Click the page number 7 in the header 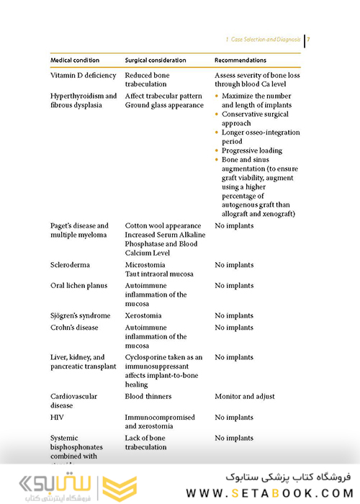point(308,40)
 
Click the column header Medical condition point(75,60)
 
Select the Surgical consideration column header point(157,60)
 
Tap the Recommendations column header point(240,60)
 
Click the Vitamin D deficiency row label point(82,75)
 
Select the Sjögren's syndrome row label point(81,316)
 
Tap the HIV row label point(57,418)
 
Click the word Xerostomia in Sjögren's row point(143,316)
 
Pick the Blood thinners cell point(148,397)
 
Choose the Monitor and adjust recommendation point(245,397)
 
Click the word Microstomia point(145,265)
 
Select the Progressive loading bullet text point(252,151)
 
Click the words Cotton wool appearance point(161,226)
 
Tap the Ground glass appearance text point(165,105)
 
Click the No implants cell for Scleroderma point(234,265)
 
